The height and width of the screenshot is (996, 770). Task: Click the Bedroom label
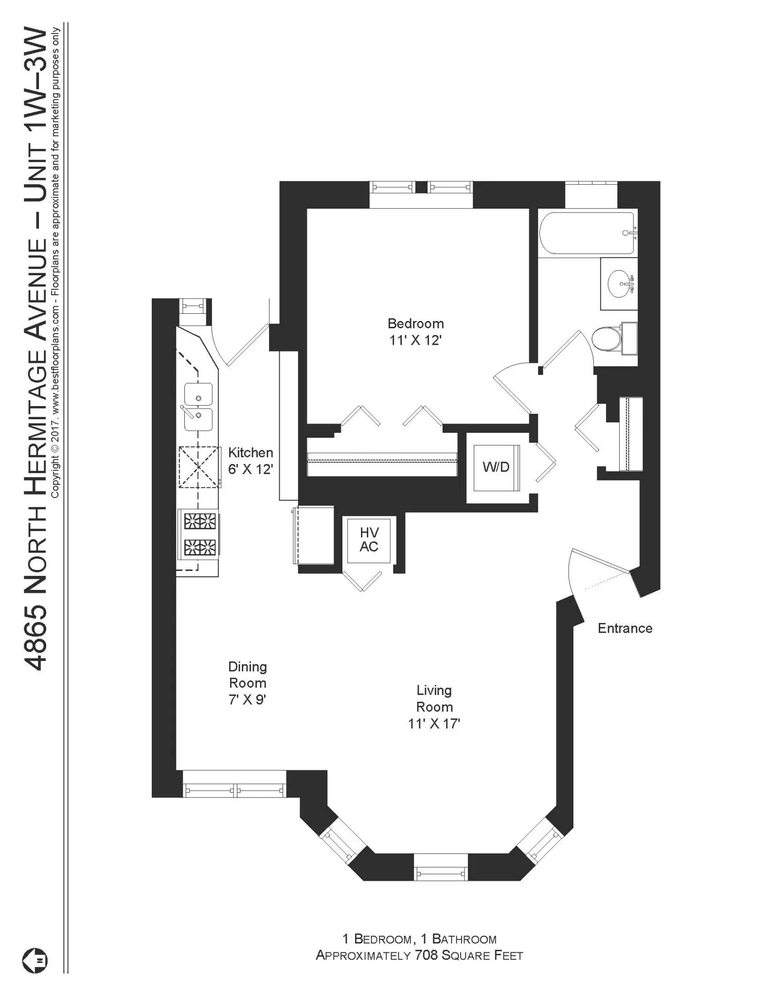[x=415, y=323]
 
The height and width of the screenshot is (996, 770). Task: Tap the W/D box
[x=496, y=467]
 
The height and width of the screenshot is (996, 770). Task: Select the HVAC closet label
[x=369, y=539]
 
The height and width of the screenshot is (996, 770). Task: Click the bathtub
[x=587, y=232]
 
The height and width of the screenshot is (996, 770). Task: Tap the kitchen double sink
[x=198, y=407]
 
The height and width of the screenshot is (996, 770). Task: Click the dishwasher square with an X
[x=199, y=467]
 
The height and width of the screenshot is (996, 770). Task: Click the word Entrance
[x=625, y=628]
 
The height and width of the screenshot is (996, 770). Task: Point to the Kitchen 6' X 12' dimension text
[x=250, y=469]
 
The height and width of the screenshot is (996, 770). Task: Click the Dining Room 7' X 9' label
[x=247, y=683]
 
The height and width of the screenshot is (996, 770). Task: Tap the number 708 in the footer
[x=426, y=955]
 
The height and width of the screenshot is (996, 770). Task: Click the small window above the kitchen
[x=193, y=306]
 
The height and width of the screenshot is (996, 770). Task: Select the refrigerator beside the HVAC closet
[x=314, y=534]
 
